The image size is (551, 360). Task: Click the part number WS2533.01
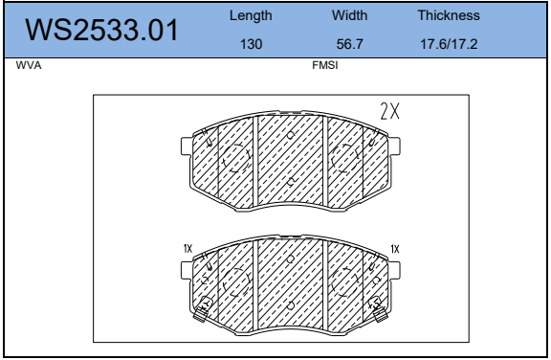point(102,31)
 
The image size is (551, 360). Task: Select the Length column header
point(251,16)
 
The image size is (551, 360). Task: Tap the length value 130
point(251,44)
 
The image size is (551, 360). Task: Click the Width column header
point(350,15)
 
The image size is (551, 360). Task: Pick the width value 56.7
point(350,44)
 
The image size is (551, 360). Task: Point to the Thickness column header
point(449,15)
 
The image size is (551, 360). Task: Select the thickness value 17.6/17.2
point(449,44)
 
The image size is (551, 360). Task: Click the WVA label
point(29,65)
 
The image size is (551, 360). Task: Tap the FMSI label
point(325,65)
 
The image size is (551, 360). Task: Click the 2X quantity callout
point(390,111)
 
